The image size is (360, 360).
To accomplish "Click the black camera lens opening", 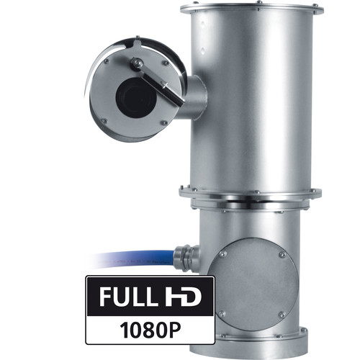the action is [x=136, y=98].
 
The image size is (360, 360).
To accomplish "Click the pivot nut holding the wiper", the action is [x=137, y=63].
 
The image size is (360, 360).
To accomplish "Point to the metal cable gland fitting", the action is [x=186, y=258].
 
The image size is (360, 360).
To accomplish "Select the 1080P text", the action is [x=150, y=330].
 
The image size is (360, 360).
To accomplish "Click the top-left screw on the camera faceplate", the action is [x=107, y=61].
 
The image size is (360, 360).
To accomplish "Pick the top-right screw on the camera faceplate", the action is [x=166, y=63].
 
